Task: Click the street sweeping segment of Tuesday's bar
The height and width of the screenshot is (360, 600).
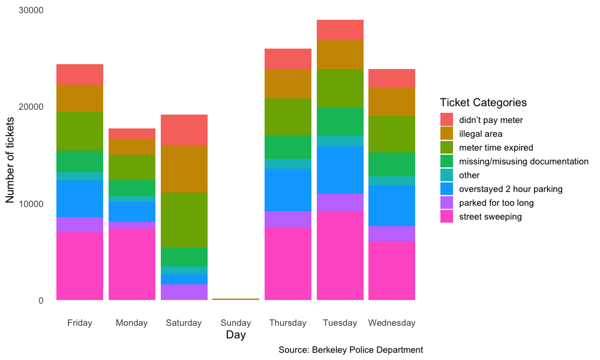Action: pyautogui.click(x=340, y=255)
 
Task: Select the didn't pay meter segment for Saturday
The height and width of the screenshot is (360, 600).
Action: pyautogui.click(x=184, y=130)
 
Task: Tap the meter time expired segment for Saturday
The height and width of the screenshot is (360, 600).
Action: pyautogui.click(x=184, y=220)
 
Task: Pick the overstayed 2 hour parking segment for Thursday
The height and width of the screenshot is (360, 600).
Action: pyautogui.click(x=288, y=190)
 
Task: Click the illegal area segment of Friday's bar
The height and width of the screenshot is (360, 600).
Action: pyautogui.click(x=80, y=98)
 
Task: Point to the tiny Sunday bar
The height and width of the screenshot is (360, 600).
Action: pyautogui.click(x=236, y=299)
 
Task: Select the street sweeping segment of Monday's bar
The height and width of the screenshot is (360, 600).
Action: pyautogui.click(x=131, y=264)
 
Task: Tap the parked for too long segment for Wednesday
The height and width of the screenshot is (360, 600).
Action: pyautogui.click(x=392, y=233)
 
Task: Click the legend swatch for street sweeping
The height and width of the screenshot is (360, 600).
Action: pyautogui.click(x=447, y=217)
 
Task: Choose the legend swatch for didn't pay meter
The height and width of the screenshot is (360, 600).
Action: pyautogui.click(x=447, y=120)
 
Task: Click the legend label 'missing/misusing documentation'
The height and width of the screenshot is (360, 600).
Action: pyautogui.click(x=523, y=161)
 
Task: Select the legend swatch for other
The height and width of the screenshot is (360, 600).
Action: pyautogui.click(x=447, y=175)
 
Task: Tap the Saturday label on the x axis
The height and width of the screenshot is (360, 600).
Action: pyautogui.click(x=184, y=323)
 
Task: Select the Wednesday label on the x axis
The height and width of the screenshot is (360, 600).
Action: pyautogui.click(x=392, y=323)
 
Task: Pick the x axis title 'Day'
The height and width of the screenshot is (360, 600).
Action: pyautogui.click(x=236, y=335)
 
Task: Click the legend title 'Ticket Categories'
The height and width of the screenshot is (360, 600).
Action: pyautogui.click(x=483, y=103)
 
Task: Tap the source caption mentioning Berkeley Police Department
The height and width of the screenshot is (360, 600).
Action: pyautogui.click(x=351, y=350)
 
